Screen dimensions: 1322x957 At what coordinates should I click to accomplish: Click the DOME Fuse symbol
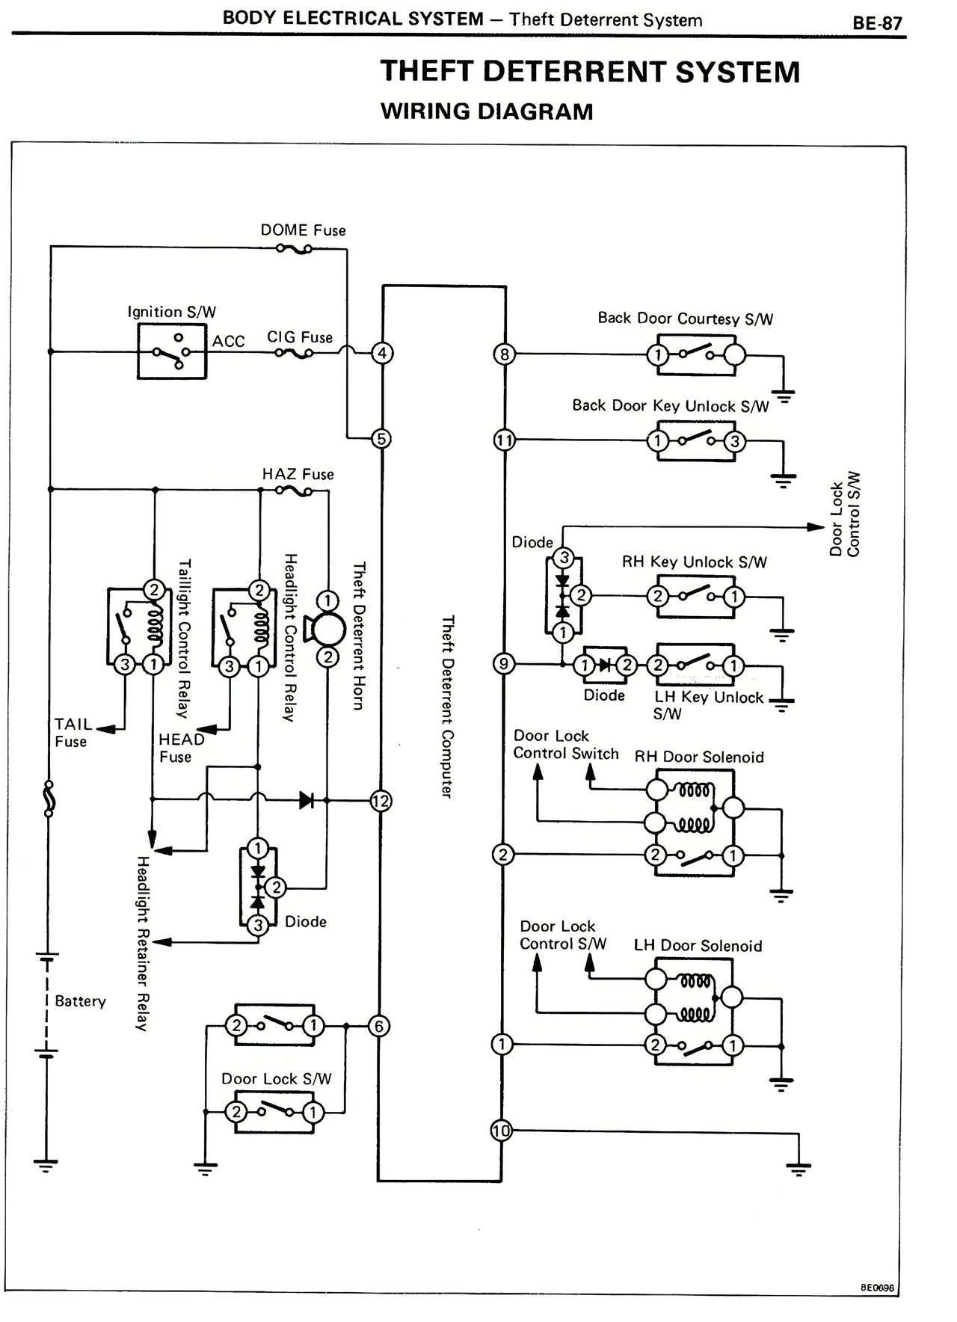294,249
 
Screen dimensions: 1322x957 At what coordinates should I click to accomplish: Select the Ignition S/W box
171,353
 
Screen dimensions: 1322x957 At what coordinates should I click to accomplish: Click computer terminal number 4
382,353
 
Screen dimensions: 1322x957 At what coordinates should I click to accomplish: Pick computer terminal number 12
381,802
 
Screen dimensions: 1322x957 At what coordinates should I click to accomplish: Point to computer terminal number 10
501,1131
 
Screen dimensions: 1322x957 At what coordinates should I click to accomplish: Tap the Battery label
80,1001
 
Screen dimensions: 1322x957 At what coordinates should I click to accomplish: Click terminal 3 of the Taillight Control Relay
125,665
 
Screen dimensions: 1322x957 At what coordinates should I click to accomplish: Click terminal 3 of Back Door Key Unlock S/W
735,441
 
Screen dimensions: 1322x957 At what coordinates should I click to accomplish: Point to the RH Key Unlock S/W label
694,562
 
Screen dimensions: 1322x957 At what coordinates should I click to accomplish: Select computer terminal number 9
504,664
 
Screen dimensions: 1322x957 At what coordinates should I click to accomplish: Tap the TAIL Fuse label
72,733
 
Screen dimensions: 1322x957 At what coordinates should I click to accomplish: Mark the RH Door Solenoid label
699,757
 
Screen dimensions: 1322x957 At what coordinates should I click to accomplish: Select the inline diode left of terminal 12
307,801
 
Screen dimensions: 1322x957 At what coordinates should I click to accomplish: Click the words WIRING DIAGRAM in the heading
487,111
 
